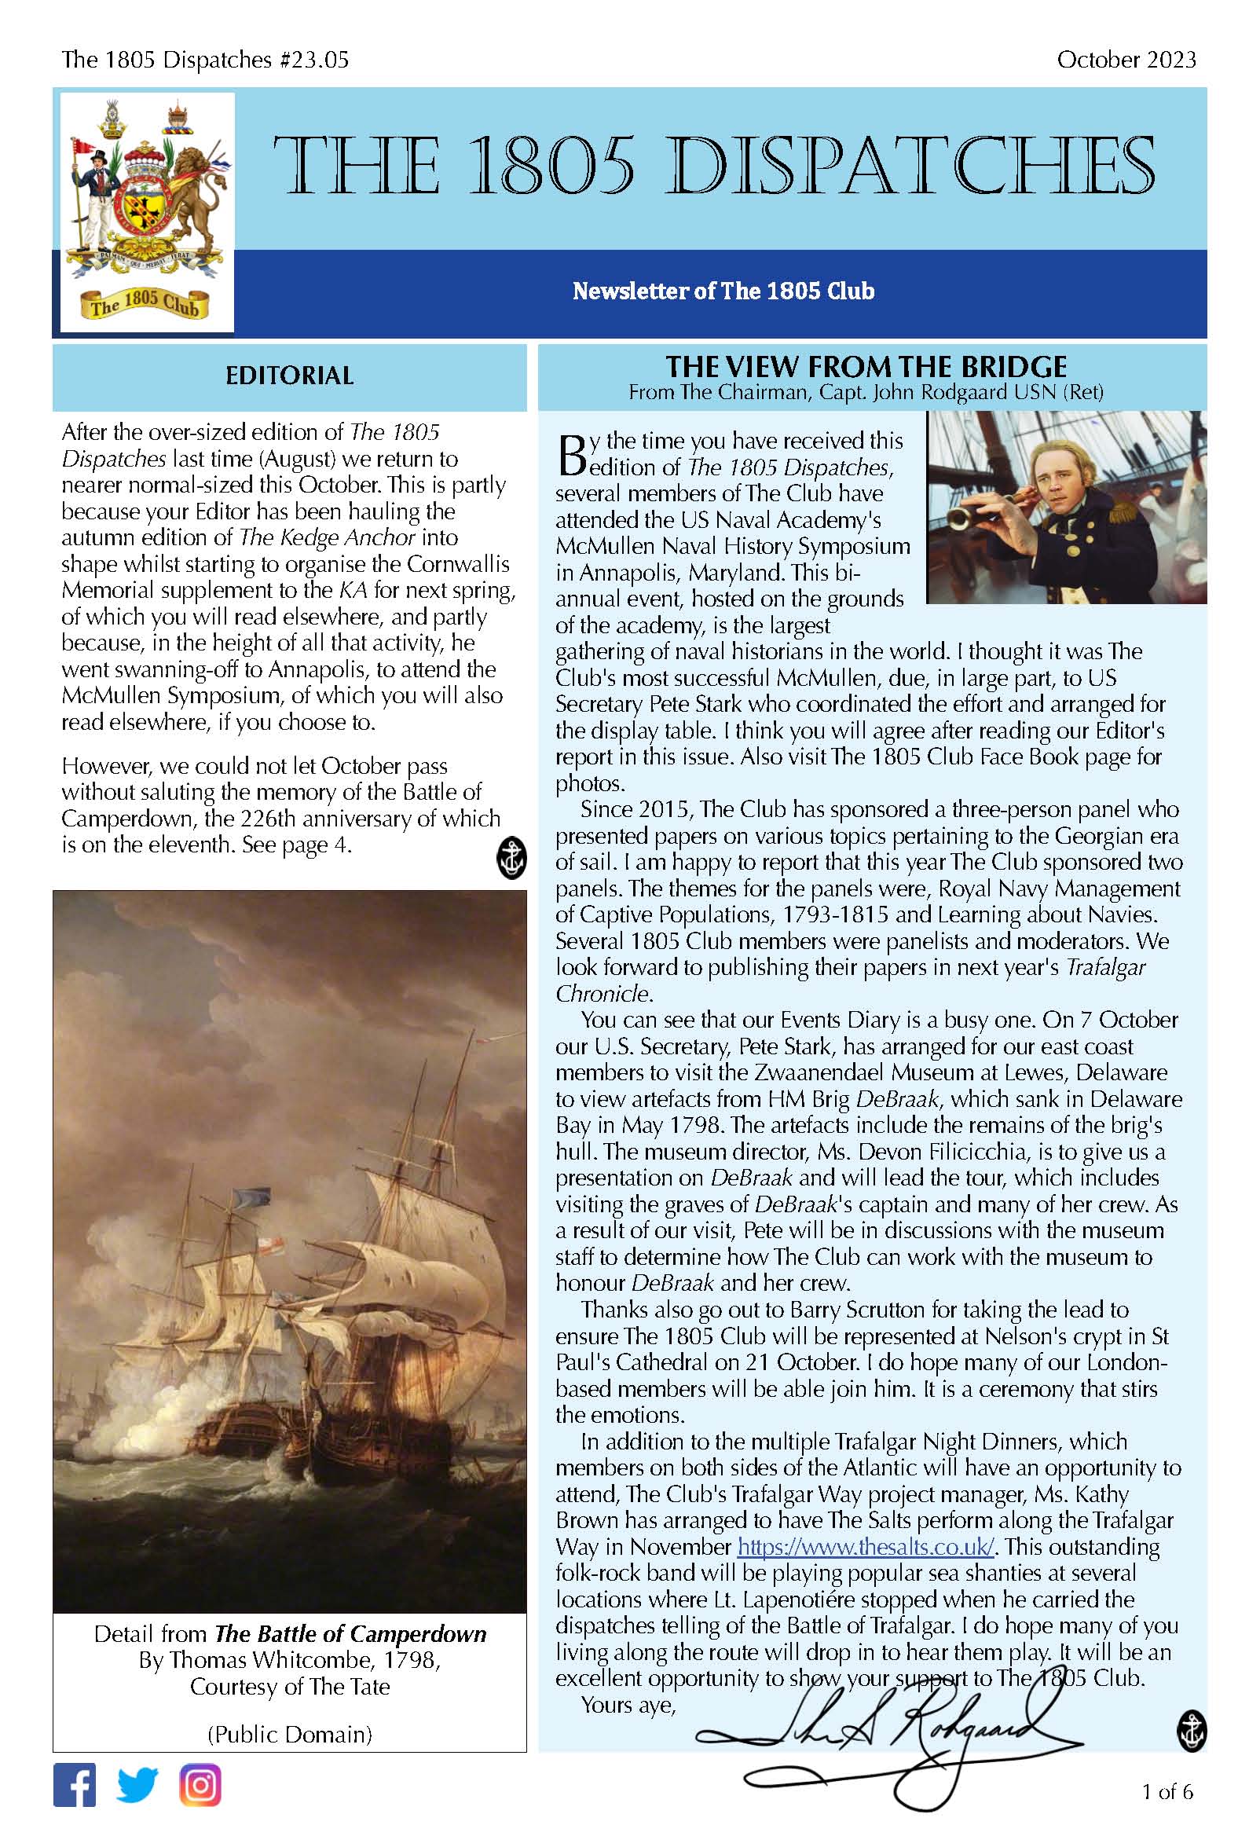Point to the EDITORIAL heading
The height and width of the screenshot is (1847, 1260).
[x=289, y=376]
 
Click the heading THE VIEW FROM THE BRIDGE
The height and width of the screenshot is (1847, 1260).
[x=866, y=366]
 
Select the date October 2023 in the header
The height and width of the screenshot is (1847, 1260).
[x=1126, y=60]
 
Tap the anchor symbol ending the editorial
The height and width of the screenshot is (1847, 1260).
[x=511, y=859]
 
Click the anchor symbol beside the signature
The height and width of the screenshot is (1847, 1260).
[x=1191, y=1730]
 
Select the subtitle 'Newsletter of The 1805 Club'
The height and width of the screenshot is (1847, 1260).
[x=723, y=291]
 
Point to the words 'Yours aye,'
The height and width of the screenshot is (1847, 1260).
[x=628, y=1705]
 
